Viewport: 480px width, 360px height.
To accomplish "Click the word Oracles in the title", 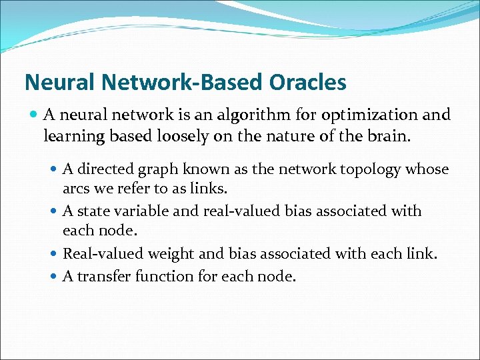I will (308, 83).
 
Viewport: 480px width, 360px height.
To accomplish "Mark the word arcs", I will (75, 189).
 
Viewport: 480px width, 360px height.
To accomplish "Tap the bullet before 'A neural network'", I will (33, 115).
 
